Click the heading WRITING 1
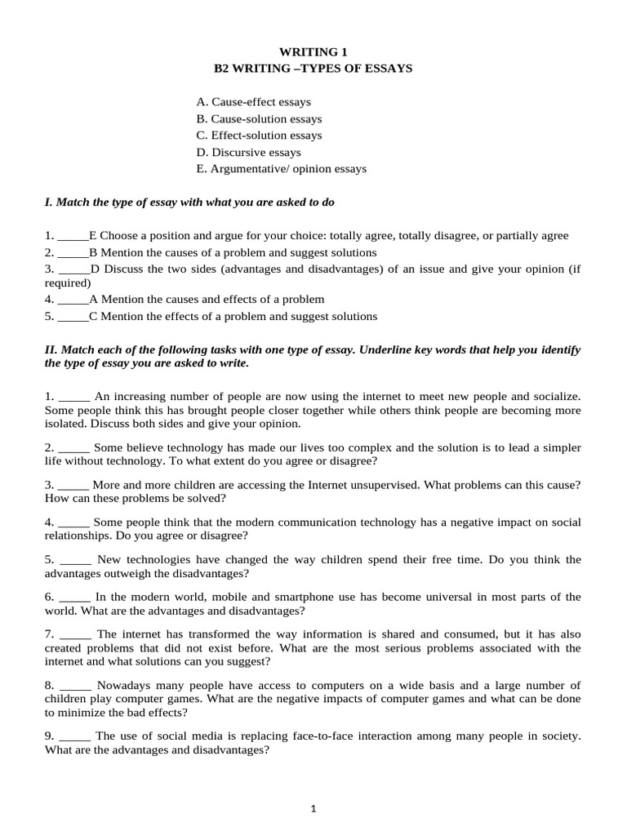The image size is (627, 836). [x=313, y=51]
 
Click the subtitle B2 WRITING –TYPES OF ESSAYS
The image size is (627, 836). [x=313, y=69]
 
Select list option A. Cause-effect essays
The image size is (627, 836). [x=253, y=102]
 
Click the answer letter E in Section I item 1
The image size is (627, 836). [x=92, y=235]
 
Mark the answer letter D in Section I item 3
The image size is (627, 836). [x=94, y=268]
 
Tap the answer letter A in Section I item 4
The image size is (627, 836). [x=93, y=299]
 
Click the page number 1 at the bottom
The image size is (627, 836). [x=313, y=809]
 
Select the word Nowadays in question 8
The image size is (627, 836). [x=122, y=685]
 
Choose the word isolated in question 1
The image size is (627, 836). [x=65, y=424]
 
